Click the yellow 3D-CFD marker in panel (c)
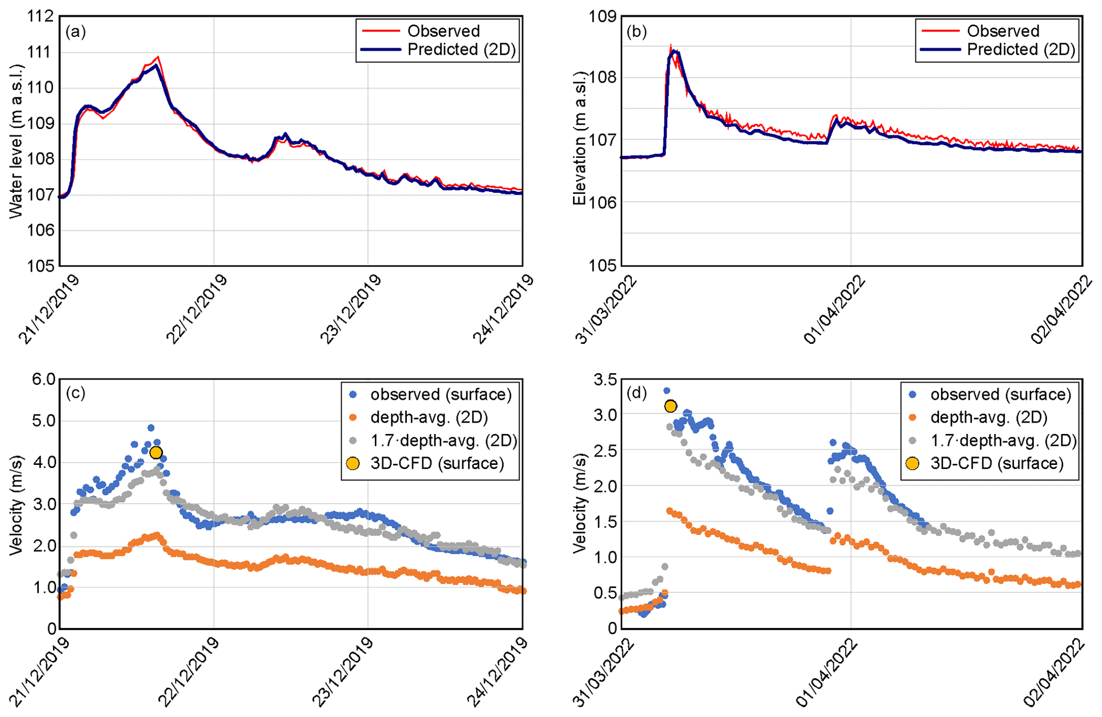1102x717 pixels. click(x=156, y=453)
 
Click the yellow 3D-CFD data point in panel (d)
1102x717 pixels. click(x=671, y=406)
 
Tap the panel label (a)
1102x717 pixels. click(x=75, y=31)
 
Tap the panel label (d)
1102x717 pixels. click(x=637, y=393)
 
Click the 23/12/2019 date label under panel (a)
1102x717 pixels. click(x=350, y=309)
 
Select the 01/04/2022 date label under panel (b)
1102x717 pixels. click(x=834, y=309)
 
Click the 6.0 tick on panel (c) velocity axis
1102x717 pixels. click(x=43, y=380)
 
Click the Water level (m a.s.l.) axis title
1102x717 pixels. click(x=17, y=141)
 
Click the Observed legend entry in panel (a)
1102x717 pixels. click(x=443, y=31)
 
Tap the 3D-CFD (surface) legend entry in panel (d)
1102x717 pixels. click(x=996, y=463)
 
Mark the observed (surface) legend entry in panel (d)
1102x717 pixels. click(x=1000, y=394)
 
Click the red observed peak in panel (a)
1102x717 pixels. click(x=158, y=57)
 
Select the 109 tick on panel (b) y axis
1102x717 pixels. click(x=602, y=17)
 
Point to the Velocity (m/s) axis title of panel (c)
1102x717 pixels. click(x=17, y=504)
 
